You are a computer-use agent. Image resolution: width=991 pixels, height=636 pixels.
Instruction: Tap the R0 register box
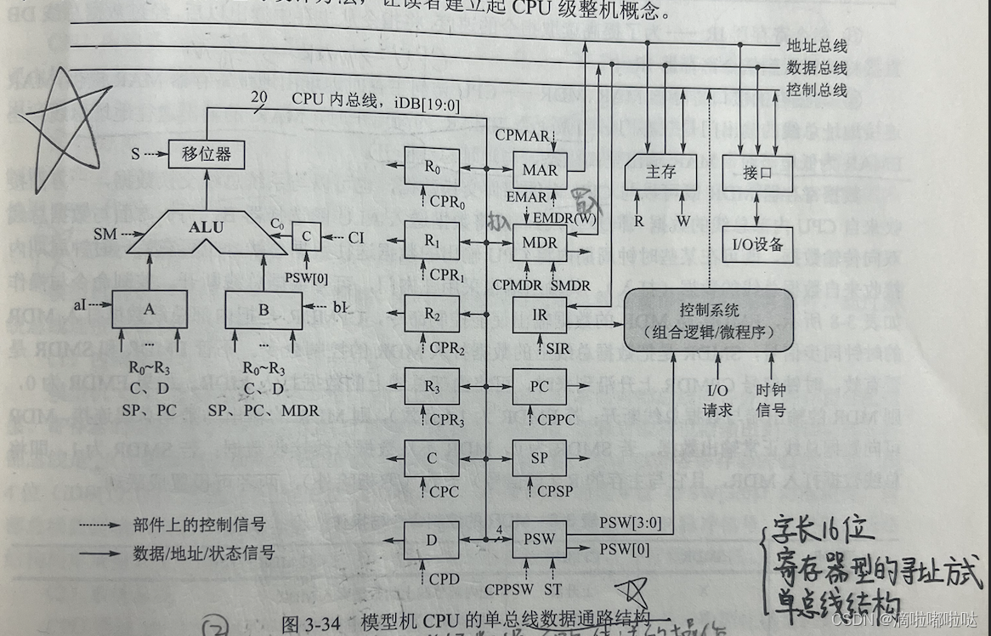[x=433, y=166]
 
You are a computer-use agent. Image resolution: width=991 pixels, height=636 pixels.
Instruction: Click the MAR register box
[x=541, y=169]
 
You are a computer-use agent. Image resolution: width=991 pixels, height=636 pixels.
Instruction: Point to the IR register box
[x=540, y=314]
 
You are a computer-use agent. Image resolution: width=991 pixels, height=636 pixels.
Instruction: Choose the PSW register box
[x=539, y=538]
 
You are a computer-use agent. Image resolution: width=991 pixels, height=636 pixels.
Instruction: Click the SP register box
[x=540, y=458]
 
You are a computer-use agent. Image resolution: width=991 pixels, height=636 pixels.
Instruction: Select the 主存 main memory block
[x=660, y=173]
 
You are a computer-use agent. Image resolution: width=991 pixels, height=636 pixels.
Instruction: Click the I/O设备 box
[x=756, y=245]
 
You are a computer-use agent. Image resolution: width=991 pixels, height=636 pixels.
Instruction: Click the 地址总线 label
[x=817, y=47]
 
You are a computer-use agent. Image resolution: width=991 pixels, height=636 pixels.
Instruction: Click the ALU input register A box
[x=150, y=309]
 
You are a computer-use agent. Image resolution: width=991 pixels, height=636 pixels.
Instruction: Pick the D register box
[x=433, y=539]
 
